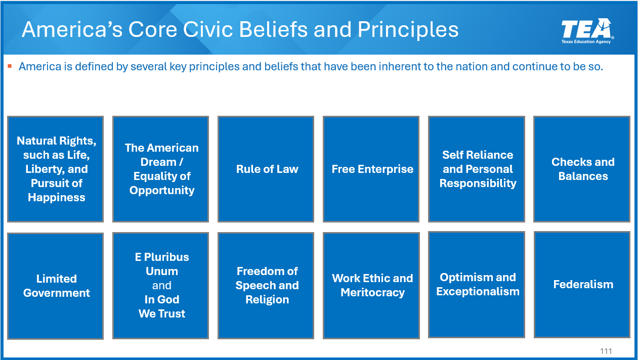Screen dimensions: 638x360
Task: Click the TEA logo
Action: coord(587,31)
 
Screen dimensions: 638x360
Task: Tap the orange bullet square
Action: coord(10,66)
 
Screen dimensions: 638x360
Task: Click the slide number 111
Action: coord(606,351)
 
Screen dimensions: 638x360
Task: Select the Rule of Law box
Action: coord(266,169)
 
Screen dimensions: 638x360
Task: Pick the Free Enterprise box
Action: coord(371,169)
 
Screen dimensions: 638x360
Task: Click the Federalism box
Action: coord(582,285)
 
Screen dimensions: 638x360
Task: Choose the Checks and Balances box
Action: coord(582,169)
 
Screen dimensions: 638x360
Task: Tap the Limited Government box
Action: coord(56,286)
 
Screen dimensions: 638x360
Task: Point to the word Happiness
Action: coord(56,198)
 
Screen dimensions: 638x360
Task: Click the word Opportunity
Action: coord(162,191)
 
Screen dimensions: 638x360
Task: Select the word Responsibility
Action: coord(478,183)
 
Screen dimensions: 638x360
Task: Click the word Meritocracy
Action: coord(372,293)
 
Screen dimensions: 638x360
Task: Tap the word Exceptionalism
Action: coord(478,291)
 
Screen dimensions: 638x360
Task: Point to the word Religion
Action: coord(267,300)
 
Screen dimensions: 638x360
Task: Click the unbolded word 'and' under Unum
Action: coord(162,286)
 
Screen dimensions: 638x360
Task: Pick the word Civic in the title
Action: coord(209,29)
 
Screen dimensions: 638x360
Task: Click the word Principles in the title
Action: coord(408,30)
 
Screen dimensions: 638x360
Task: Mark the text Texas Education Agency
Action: coord(586,41)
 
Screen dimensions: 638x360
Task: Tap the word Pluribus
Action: coord(166,257)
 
